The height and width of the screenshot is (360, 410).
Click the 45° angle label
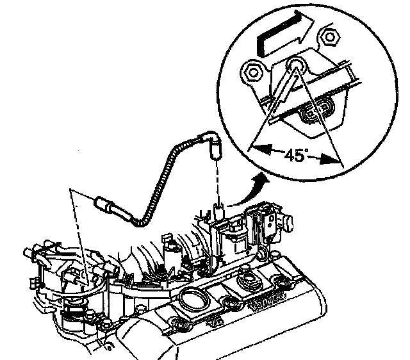[296, 156]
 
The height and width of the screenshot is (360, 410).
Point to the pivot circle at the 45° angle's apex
[295, 65]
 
